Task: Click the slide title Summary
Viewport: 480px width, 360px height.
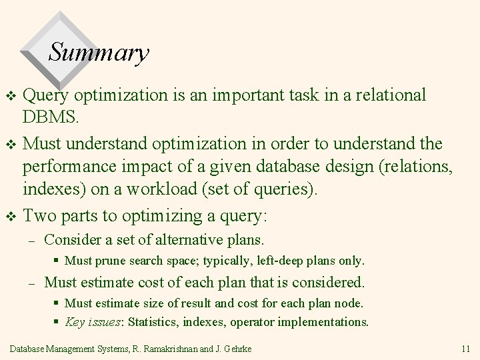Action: click(99, 53)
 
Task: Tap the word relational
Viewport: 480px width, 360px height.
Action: click(388, 95)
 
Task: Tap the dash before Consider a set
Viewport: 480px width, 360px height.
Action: click(31, 239)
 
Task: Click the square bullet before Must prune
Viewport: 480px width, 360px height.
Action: click(57, 261)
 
